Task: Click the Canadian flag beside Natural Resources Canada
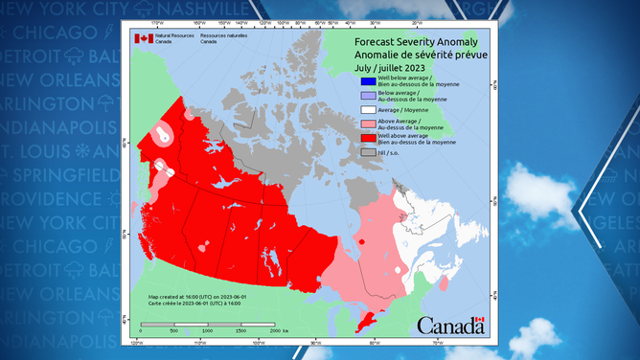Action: click(x=143, y=38)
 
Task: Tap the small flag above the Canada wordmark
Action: click(x=481, y=320)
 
